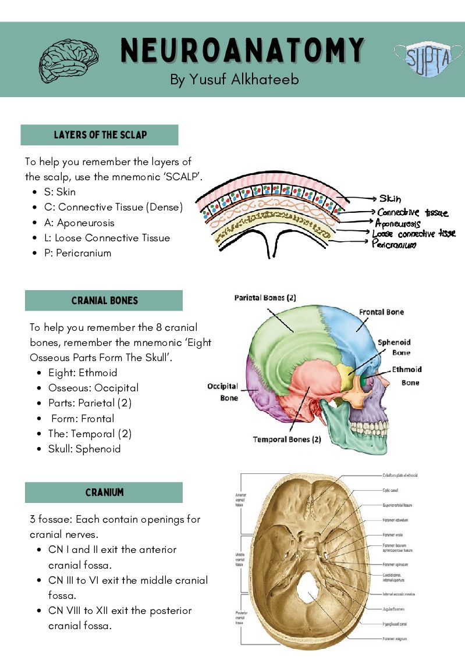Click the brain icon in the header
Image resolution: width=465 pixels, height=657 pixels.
coord(69,58)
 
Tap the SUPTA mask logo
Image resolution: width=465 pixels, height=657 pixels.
coord(423,58)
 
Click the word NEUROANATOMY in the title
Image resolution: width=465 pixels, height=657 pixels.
coord(242,51)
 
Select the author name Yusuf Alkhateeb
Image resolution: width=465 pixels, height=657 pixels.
coord(235,79)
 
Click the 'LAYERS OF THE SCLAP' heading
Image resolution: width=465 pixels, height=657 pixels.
coord(100,135)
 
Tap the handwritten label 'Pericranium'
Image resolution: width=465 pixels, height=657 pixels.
coord(394,244)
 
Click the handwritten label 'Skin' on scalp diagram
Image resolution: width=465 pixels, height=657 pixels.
coord(390,199)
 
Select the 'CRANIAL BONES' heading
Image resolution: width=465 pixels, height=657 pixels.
coord(105,301)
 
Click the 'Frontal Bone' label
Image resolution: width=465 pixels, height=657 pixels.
coord(381,312)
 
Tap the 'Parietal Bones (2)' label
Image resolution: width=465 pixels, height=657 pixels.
coord(265,298)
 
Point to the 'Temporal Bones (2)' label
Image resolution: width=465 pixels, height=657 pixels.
coord(287,440)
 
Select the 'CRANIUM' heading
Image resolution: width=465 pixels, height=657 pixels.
coord(104,492)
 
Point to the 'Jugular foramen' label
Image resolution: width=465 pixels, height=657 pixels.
coord(395,609)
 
